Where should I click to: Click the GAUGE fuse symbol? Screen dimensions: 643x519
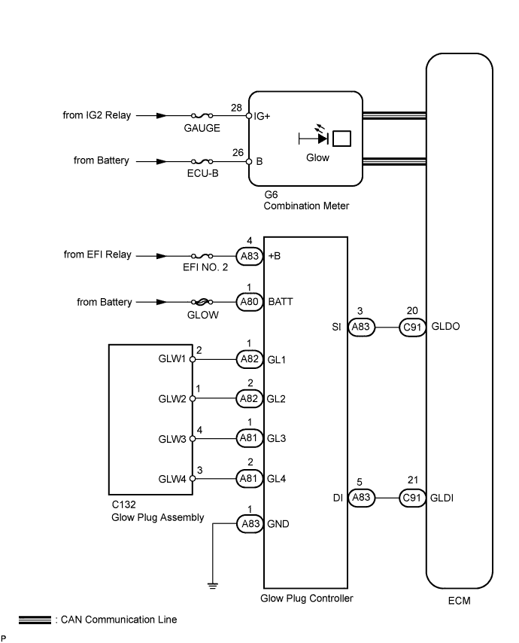pos(202,117)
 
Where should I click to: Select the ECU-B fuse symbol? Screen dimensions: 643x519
pos(202,161)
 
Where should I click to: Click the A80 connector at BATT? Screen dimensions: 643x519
pos(249,303)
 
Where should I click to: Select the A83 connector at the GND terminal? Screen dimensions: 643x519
pos(249,524)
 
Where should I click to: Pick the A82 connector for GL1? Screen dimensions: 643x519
pos(249,359)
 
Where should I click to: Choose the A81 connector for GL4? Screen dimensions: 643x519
pos(249,477)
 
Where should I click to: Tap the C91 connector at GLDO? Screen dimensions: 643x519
pos(411,328)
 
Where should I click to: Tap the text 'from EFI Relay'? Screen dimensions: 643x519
pos(97,254)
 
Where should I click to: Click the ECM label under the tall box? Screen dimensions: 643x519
pos(459,602)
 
